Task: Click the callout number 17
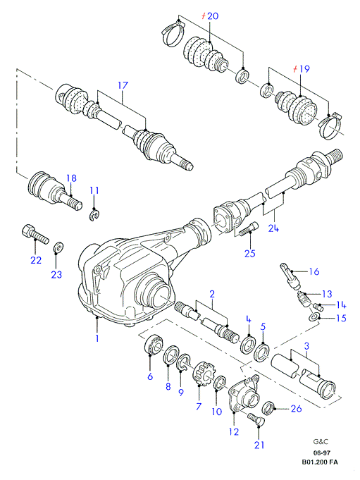coord(123,85)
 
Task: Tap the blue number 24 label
coord(273,228)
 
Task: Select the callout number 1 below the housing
coord(97,338)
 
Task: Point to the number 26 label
coord(296,408)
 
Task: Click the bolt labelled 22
coord(35,235)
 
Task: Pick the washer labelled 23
coord(58,247)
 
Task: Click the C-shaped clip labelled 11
coord(95,214)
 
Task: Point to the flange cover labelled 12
coord(244,393)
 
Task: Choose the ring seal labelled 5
coord(262,353)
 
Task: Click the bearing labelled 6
coord(154,345)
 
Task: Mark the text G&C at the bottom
coord(321,442)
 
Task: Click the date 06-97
coord(321,453)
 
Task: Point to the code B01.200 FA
coord(320,462)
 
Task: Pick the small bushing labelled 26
coord(269,407)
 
